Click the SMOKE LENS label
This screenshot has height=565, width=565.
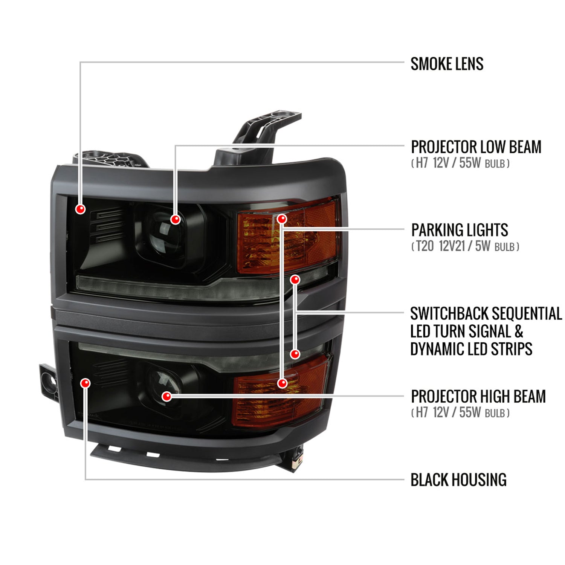tap(447, 64)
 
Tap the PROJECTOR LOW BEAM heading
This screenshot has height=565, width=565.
tap(476, 147)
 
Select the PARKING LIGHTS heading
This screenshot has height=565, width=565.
tap(460, 230)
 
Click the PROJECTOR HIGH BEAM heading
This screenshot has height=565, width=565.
tap(478, 396)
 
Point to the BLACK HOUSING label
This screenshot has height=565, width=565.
tap(458, 480)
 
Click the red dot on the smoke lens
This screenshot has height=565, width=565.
tap(80, 209)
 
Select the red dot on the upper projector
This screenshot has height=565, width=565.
tap(175, 219)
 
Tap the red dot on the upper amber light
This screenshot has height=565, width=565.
tap(282, 219)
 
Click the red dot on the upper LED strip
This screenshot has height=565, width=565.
tap(295, 279)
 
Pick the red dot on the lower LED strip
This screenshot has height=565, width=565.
tap(295, 354)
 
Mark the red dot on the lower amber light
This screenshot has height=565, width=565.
tap(282, 383)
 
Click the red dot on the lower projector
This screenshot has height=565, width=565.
tap(166, 396)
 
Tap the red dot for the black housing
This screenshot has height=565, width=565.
tap(86, 383)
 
